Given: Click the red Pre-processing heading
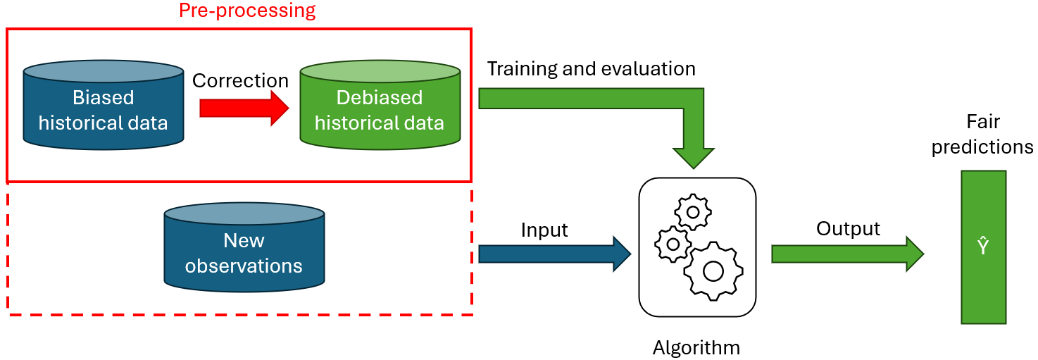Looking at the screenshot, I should [247, 11].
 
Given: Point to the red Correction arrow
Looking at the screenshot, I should [244, 108].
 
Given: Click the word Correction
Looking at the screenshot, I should [240, 80].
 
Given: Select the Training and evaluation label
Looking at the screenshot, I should [591, 68].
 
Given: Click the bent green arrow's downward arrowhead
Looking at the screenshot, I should [694, 156].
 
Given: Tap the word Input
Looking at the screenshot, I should [544, 230].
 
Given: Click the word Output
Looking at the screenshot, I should [848, 229].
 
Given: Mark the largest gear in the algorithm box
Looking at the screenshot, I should [713, 270].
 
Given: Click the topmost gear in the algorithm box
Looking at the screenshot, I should [693, 211].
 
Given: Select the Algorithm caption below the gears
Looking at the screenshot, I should [696, 347].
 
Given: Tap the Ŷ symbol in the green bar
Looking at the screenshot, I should [983, 247].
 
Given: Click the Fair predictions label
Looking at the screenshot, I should [982, 135].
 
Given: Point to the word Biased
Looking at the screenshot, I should [103, 97].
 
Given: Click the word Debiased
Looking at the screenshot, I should [380, 97].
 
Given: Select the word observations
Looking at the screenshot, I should [244, 266].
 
